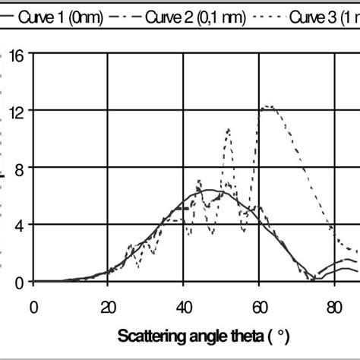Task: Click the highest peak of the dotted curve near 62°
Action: [267, 106]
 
